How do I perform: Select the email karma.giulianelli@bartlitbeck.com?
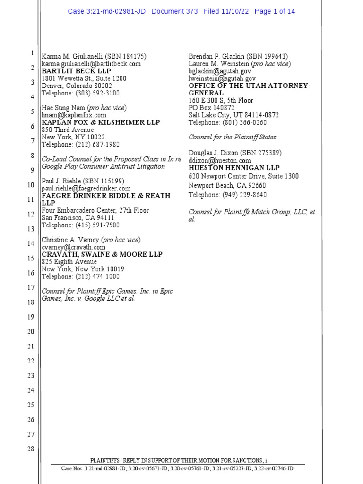point(91,64)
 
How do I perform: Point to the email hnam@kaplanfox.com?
point(74,115)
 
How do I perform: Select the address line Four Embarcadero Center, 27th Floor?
point(95,210)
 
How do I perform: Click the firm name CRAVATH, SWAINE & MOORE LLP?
point(102,254)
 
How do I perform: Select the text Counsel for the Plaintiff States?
point(233,137)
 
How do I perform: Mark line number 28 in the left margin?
point(31,449)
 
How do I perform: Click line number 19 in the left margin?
point(31,317)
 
